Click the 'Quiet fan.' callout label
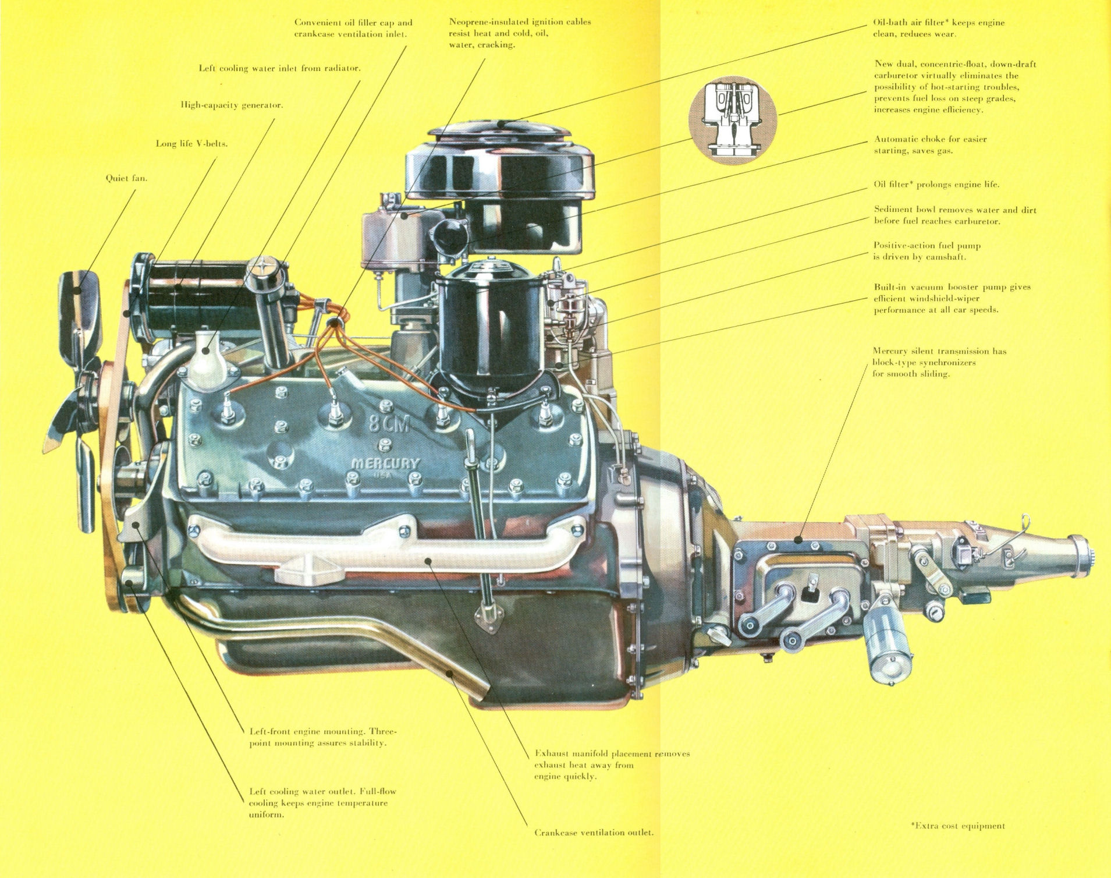click(x=126, y=178)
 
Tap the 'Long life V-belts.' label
click(x=191, y=143)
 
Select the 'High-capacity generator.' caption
click(x=232, y=105)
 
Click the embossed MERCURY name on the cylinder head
click(x=385, y=464)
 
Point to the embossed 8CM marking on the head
click(x=389, y=425)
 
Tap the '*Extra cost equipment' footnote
click(x=957, y=825)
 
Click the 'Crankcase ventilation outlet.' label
click(x=594, y=832)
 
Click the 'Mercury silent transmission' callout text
click(x=939, y=362)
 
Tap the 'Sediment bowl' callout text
click(x=954, y=215)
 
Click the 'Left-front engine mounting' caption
click(x=322, y=737)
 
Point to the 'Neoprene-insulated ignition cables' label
click(x=519, y=33)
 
